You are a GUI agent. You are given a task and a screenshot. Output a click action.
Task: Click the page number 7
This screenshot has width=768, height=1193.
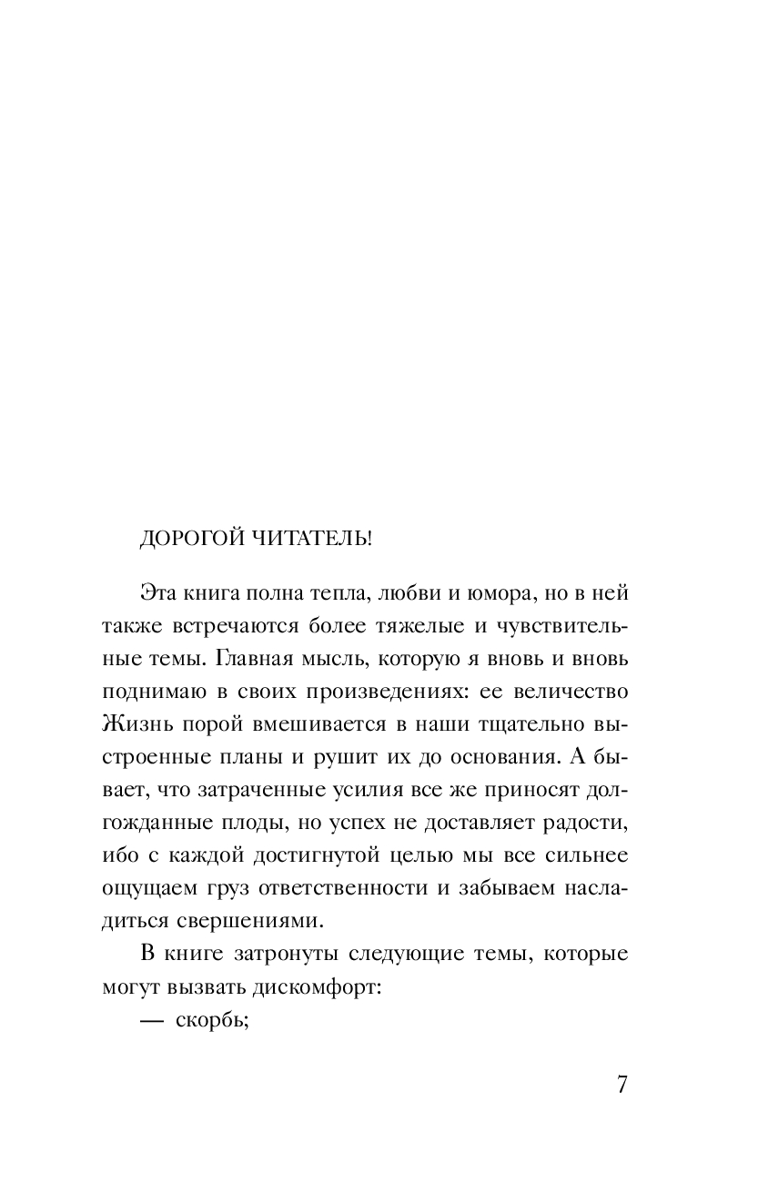622,1087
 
